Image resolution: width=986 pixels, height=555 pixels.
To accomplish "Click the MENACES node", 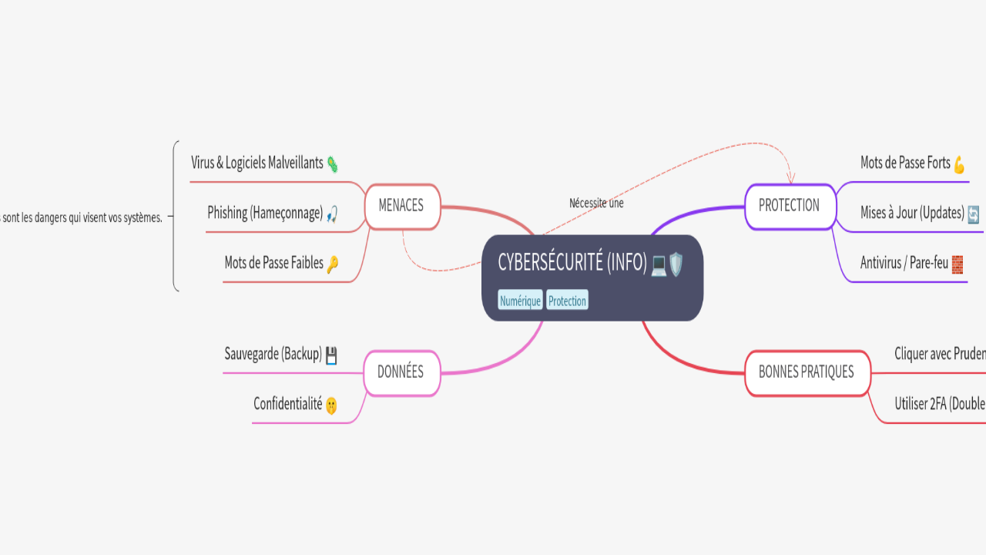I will coord(401,207).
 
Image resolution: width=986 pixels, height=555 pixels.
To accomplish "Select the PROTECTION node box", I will coord(790,207).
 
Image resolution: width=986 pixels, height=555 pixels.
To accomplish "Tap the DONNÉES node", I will coord(401,372).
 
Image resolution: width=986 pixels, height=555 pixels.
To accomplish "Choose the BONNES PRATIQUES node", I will coord(807,372).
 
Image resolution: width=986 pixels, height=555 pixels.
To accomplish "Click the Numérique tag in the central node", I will coord(520,301).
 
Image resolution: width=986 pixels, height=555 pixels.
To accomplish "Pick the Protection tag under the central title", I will coord(567,301).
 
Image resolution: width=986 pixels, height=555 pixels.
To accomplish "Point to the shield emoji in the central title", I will coord(676,264).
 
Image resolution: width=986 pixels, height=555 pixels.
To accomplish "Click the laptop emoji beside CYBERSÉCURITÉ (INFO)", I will coord(659,264).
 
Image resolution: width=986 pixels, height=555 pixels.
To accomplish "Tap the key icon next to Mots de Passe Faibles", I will coord(332,264).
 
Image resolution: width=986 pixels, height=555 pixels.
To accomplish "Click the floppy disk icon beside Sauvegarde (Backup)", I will coord(331,355).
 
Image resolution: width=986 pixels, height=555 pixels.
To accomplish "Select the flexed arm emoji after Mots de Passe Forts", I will coord(959,164).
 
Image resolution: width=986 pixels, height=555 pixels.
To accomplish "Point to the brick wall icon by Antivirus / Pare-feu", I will coord(957,264).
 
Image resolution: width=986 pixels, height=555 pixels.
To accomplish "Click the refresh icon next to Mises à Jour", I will coord(973,214).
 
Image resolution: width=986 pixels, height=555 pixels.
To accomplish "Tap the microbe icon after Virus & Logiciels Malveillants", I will coord(332,163).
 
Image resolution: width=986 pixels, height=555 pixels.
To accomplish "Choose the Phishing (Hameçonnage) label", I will coord(265,213).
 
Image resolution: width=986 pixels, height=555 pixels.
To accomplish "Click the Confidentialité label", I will coord(287,403).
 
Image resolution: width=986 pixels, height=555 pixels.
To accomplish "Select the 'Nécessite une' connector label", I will coord(596,203).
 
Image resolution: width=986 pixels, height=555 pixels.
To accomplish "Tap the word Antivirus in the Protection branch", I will coord(880,263).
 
